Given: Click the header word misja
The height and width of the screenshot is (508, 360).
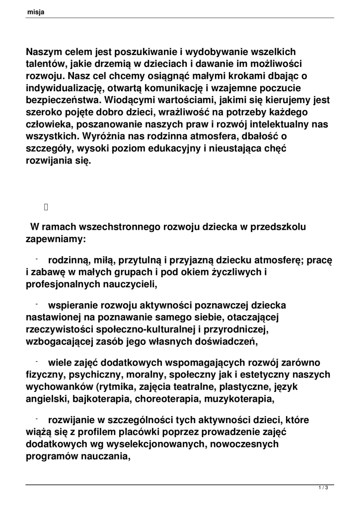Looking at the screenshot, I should [x=36, y=12].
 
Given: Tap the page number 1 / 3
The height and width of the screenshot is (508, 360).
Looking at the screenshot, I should [x=323, y=489].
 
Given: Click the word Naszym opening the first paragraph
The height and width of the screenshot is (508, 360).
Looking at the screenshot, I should [x=45, y=52].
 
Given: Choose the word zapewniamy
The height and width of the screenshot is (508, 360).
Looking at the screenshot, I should [x=56, y=239].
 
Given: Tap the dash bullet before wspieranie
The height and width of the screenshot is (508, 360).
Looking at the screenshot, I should [x=37, y=303].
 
